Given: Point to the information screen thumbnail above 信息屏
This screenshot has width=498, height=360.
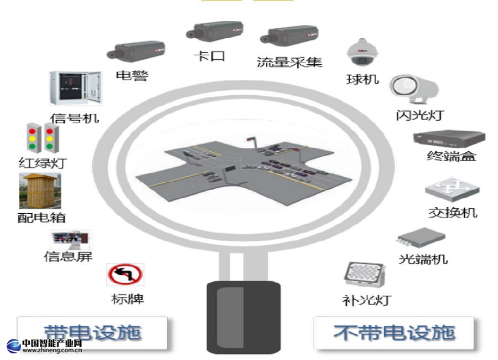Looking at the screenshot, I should pyautogui.click(x=71, y=240).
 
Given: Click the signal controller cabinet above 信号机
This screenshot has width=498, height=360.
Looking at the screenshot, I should pyautogui.click(x=75, y=89).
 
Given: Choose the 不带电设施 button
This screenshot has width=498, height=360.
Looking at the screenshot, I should pyautogui.click(x=394, y=332).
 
